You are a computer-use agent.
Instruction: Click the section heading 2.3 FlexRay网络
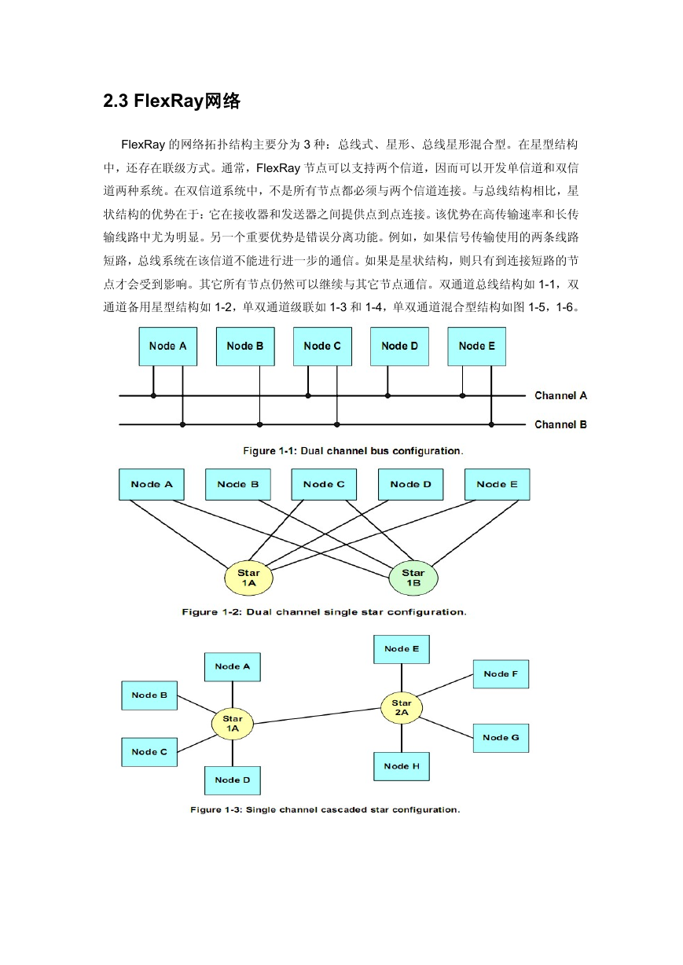171,101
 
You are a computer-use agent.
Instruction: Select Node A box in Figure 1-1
167,347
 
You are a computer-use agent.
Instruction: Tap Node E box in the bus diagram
476,347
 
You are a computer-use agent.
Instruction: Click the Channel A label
560,395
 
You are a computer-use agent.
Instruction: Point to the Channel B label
560,424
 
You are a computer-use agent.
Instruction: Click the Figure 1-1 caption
353,450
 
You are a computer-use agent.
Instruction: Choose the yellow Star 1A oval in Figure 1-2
248,578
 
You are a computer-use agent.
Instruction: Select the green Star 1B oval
413,578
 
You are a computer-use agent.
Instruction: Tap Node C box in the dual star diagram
324,484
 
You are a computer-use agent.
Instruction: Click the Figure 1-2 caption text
324,611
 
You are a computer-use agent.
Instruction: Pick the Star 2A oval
402,707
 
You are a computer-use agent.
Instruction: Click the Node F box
501,673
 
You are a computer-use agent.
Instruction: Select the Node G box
501,738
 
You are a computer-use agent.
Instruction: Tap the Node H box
402,766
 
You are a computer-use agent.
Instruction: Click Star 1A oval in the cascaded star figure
233,724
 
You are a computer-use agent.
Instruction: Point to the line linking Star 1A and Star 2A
318,716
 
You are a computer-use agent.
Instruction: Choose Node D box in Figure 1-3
233,780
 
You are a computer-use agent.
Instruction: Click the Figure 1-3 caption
325,809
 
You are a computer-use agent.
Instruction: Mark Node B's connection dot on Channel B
259,424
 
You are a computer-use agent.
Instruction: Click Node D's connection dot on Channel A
387,395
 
